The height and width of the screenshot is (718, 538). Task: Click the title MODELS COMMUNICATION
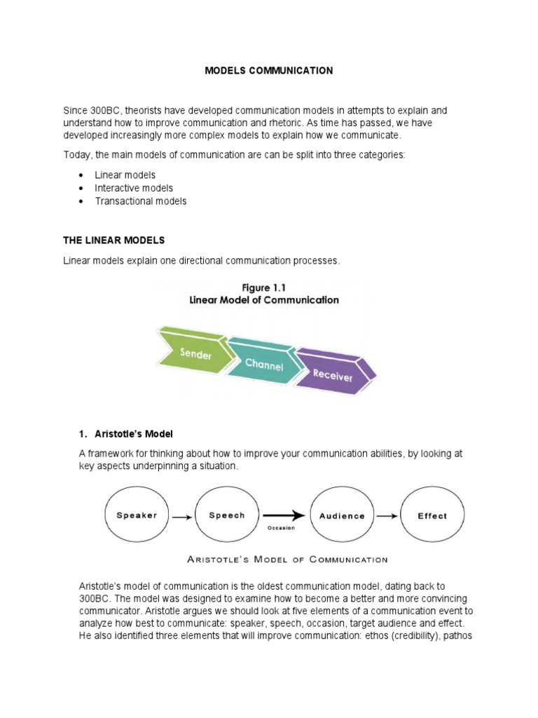point(268,71)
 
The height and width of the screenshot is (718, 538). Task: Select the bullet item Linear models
point(125,175)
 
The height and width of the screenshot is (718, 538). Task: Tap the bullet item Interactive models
point(134,188)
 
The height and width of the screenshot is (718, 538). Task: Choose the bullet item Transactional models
point(141,201)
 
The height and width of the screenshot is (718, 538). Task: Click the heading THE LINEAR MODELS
point(113,240)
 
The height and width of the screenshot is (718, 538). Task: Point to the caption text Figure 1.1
point(264,287)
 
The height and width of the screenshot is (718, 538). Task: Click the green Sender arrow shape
point(194,351)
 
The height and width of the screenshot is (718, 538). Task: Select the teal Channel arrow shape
point(262,363)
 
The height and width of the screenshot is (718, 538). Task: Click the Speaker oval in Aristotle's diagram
point(137,515)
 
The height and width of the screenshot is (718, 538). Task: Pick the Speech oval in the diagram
point(227,515)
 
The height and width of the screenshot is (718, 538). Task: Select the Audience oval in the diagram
point(342,515)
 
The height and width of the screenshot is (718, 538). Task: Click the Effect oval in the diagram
point(432,515)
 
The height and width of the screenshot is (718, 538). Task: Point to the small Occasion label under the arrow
point(280,527)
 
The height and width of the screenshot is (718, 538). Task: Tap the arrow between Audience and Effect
point(387,516)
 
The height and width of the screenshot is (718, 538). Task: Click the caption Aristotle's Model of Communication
point(287,559)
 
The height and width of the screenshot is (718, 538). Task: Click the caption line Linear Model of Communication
point(264,300)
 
